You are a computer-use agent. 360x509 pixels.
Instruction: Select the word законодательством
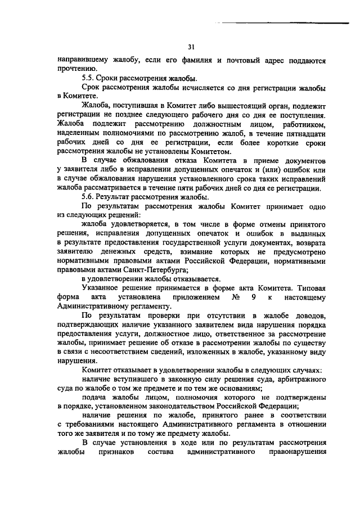(189, 406)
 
